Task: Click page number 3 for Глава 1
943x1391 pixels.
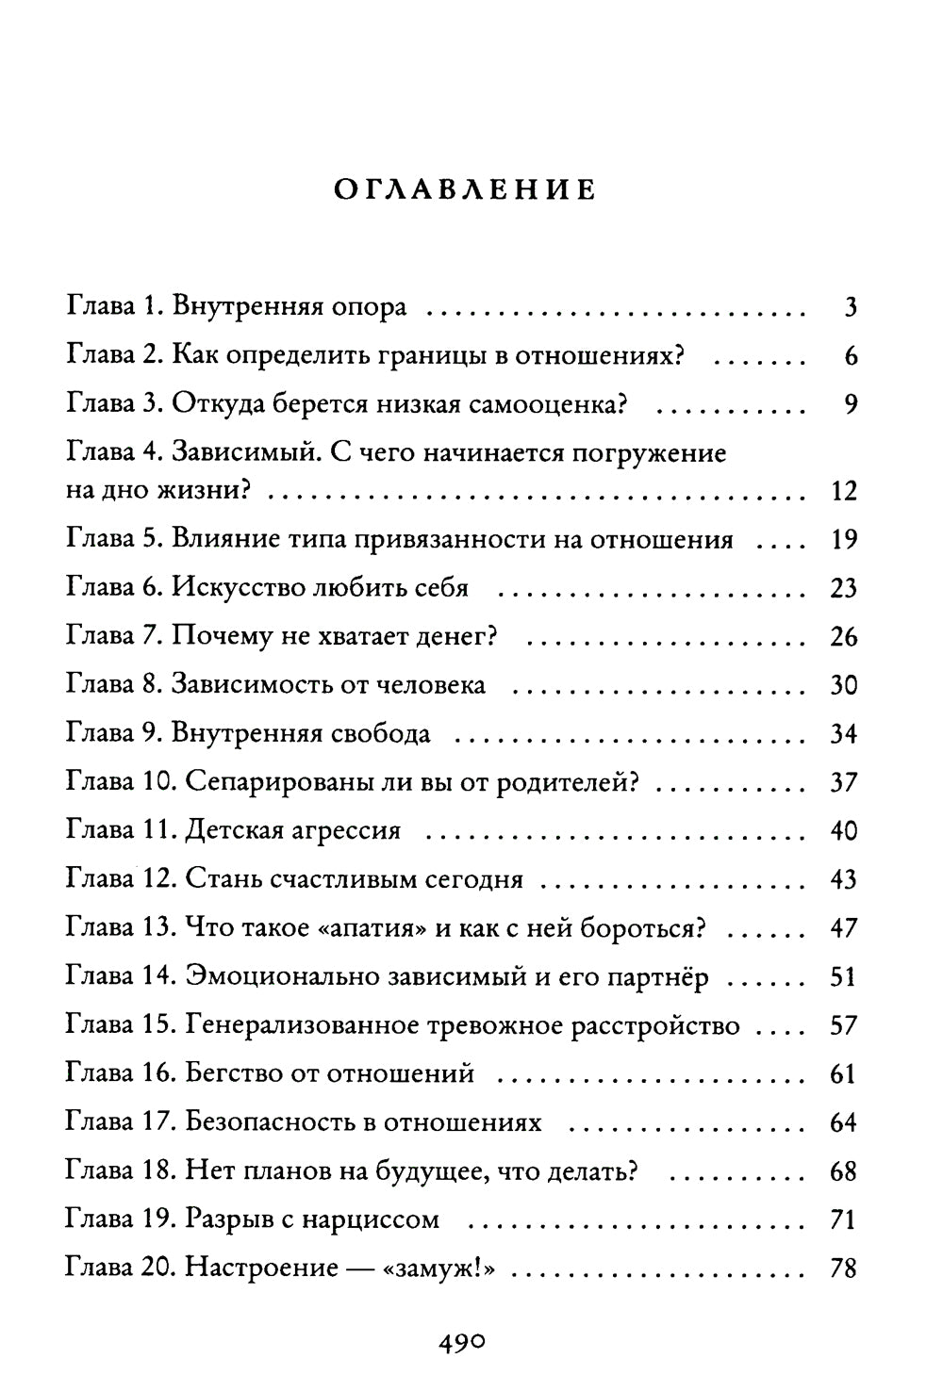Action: (850, 308)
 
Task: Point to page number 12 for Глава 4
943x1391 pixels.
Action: (843, 492)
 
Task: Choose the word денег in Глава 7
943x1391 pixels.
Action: (456, 637)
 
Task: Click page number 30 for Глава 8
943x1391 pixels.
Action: (843, 685)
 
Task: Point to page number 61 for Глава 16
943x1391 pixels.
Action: (843, 1074)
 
